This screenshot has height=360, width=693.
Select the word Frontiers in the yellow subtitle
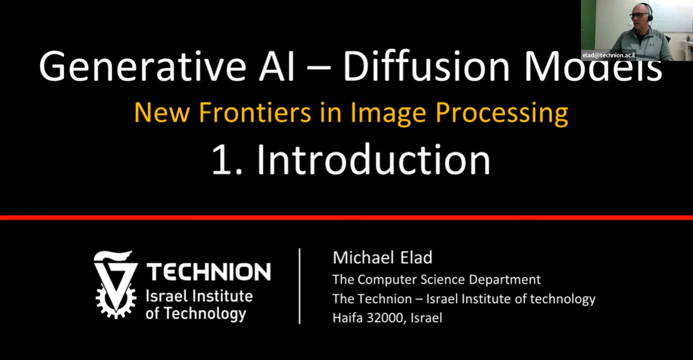[x=255, y=112]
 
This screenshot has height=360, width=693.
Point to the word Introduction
[x=373, y=160]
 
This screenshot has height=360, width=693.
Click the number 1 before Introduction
[x=222, y=161]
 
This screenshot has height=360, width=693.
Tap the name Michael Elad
[x=382, y=257]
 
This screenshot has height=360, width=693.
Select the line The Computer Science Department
[x=437, y=279]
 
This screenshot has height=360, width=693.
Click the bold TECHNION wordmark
[x=209, y=272]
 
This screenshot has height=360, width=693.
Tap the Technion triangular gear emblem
[x=116, y=284]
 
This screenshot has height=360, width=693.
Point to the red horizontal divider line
[x=346, y=218]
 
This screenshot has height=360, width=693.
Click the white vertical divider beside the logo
[x=299, y=286]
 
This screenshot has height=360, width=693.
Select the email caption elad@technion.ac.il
[x=609, y=55]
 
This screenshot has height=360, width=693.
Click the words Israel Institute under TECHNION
[x=199, y=296]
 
